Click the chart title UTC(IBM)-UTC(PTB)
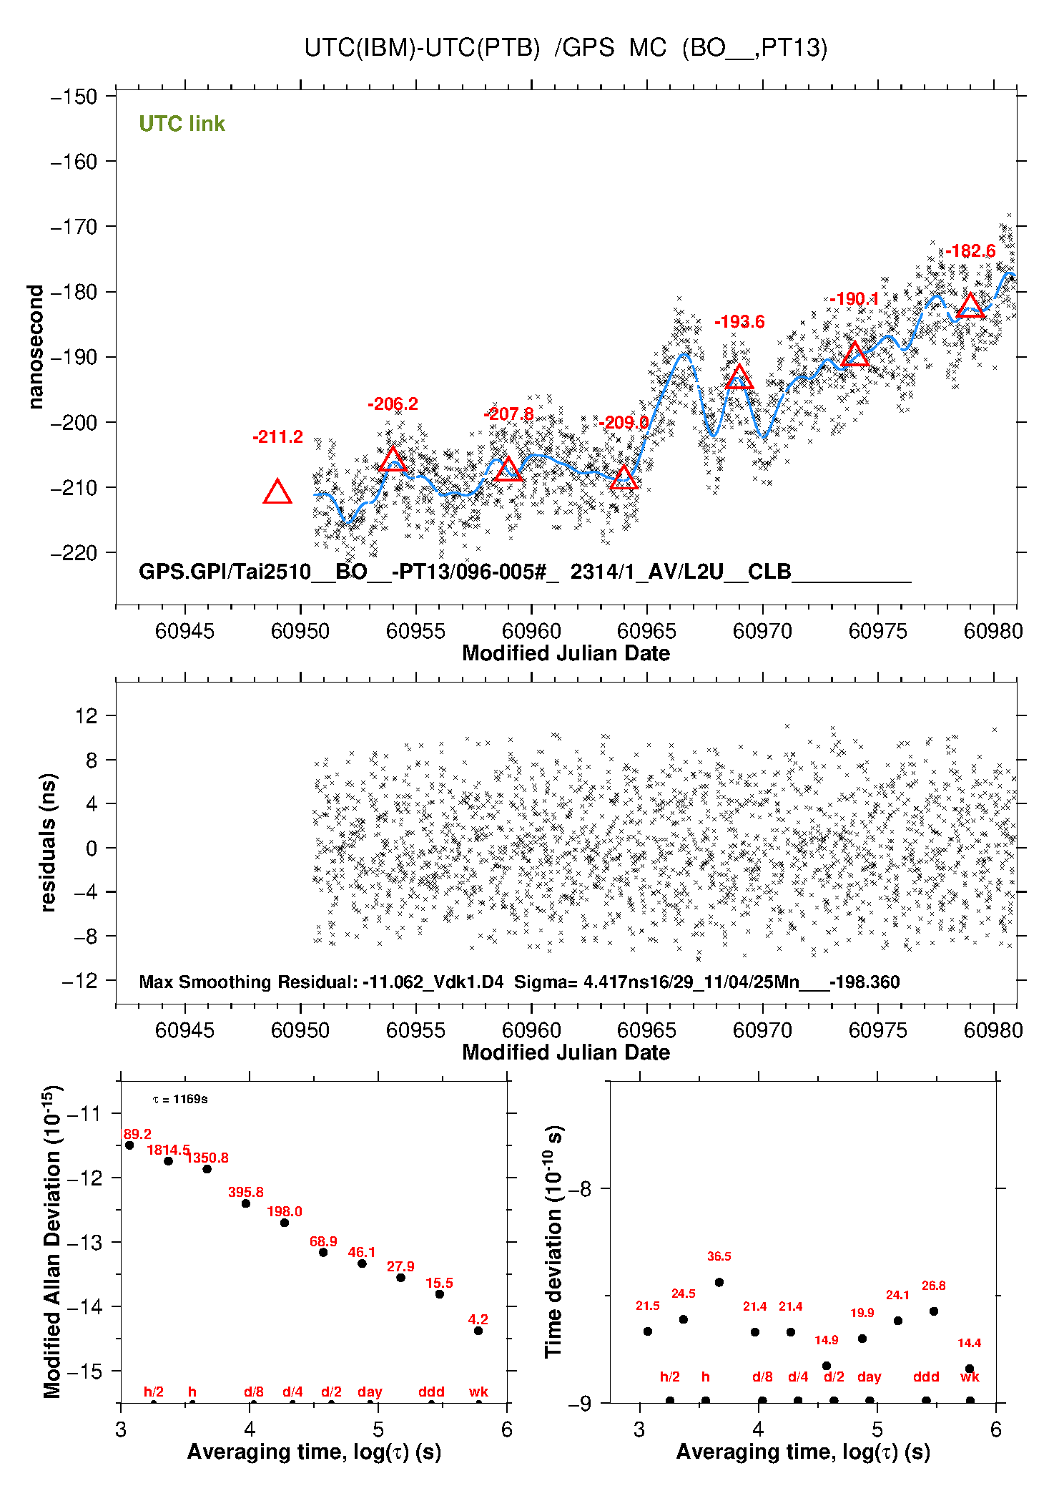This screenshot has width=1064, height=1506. (x=422, y=48)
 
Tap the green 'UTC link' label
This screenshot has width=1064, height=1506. (x=182, y=124)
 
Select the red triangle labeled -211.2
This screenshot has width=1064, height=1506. (x=277, y=492)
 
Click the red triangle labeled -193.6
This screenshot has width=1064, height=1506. (x=739, y=377)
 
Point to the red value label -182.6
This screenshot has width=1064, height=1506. (x=970, y=251)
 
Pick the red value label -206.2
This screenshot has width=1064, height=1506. (x=393, y=404)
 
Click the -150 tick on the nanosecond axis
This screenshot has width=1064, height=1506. (x=74, y=97)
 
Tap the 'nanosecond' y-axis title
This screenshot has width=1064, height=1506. (x=35, y=347)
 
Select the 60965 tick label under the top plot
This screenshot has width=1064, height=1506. (x=646, y=631)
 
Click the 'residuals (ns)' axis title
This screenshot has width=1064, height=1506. (x=48, y=842)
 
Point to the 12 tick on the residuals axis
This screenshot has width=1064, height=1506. (x=86, y=715)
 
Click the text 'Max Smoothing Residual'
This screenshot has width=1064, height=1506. (x=247, y=982)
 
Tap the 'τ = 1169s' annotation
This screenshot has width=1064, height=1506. (x=180, y=1100)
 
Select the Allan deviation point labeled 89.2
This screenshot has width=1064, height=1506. (x=129, y=1145)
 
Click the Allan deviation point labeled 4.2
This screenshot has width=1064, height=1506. (x=478, y=1331)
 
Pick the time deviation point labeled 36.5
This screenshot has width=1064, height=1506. (x=719, y=1282)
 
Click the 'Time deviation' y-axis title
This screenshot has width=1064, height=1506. (x=554, y=1241)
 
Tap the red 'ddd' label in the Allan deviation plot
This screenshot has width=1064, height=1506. (x=431, y=1392)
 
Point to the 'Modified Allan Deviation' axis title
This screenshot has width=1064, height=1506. (x=53, y=1241)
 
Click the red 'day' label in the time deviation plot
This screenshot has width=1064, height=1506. (x=869, y=1377)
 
